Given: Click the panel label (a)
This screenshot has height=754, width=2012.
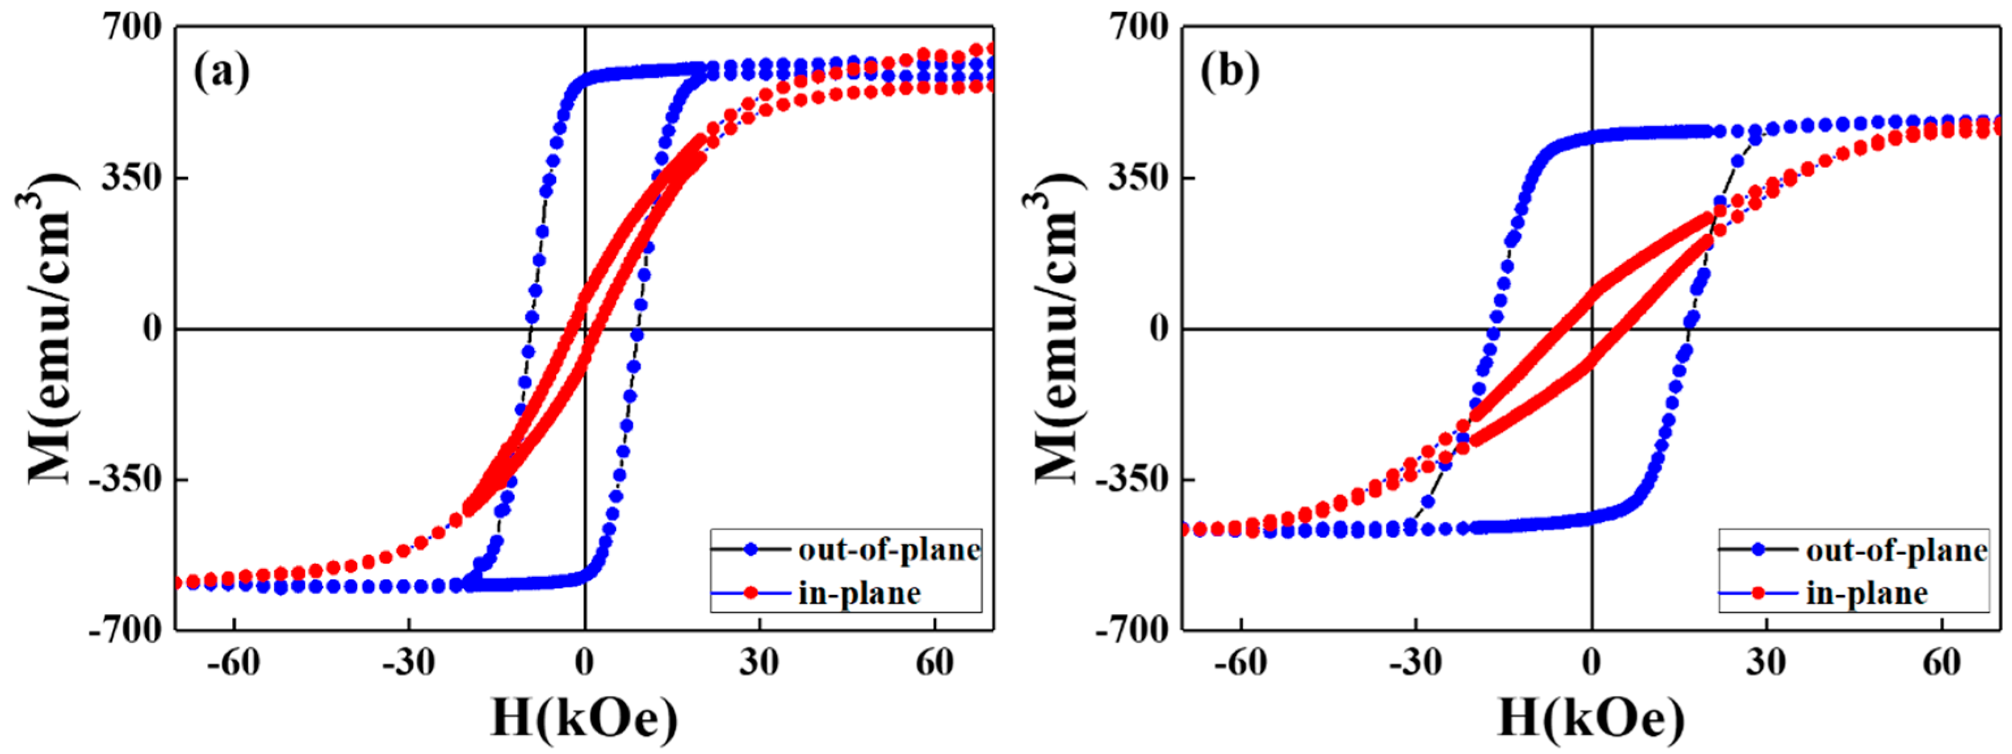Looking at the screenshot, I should click(x=222, y=73).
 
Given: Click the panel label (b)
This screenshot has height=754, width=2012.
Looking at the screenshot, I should click(x=1229, y=73).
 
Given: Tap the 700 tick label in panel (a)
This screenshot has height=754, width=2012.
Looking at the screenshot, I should click(x=131, y=28).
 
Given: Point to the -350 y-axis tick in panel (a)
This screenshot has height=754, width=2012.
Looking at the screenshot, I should click(x=124, y=479).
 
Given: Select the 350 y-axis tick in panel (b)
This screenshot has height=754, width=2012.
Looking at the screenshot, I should click(x=1138, y=178).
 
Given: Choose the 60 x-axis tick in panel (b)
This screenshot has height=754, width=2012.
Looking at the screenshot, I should click(x=1942, y=664).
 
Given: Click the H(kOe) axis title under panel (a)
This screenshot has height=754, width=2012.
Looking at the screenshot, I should click(x=584, y=719).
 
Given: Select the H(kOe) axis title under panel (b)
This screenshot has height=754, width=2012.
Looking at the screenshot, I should click(x=1591, y=719).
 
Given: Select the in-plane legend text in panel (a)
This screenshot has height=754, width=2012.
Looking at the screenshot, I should click(x=859, y=594).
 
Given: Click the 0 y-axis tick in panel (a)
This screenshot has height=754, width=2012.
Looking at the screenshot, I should click(x=152, y=329).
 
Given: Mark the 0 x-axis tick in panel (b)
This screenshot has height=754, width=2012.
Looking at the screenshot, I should click(x=1591, y=664).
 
